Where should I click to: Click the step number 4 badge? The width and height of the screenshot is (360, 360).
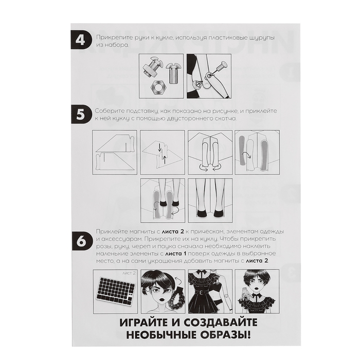(80, 40)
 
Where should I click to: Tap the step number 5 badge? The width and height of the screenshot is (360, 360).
(80, 114)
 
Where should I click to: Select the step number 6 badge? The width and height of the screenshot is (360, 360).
(81, 242)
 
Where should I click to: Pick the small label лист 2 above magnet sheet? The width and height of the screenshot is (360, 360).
(129, 273)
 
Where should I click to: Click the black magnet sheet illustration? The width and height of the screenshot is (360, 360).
(116, 292)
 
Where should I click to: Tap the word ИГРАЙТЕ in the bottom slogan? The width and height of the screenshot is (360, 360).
(144, 322)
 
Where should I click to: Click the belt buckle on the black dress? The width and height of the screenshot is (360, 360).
(203, 293)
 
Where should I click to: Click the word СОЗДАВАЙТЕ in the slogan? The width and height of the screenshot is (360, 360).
(221, 322)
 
